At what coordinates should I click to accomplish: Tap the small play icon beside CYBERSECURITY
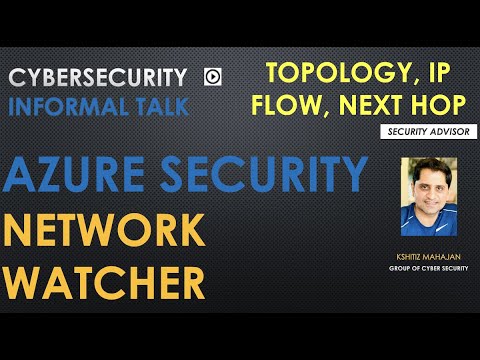(212, 76)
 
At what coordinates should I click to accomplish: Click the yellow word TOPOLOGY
(321, 72)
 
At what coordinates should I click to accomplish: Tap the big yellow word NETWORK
(104, 231)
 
